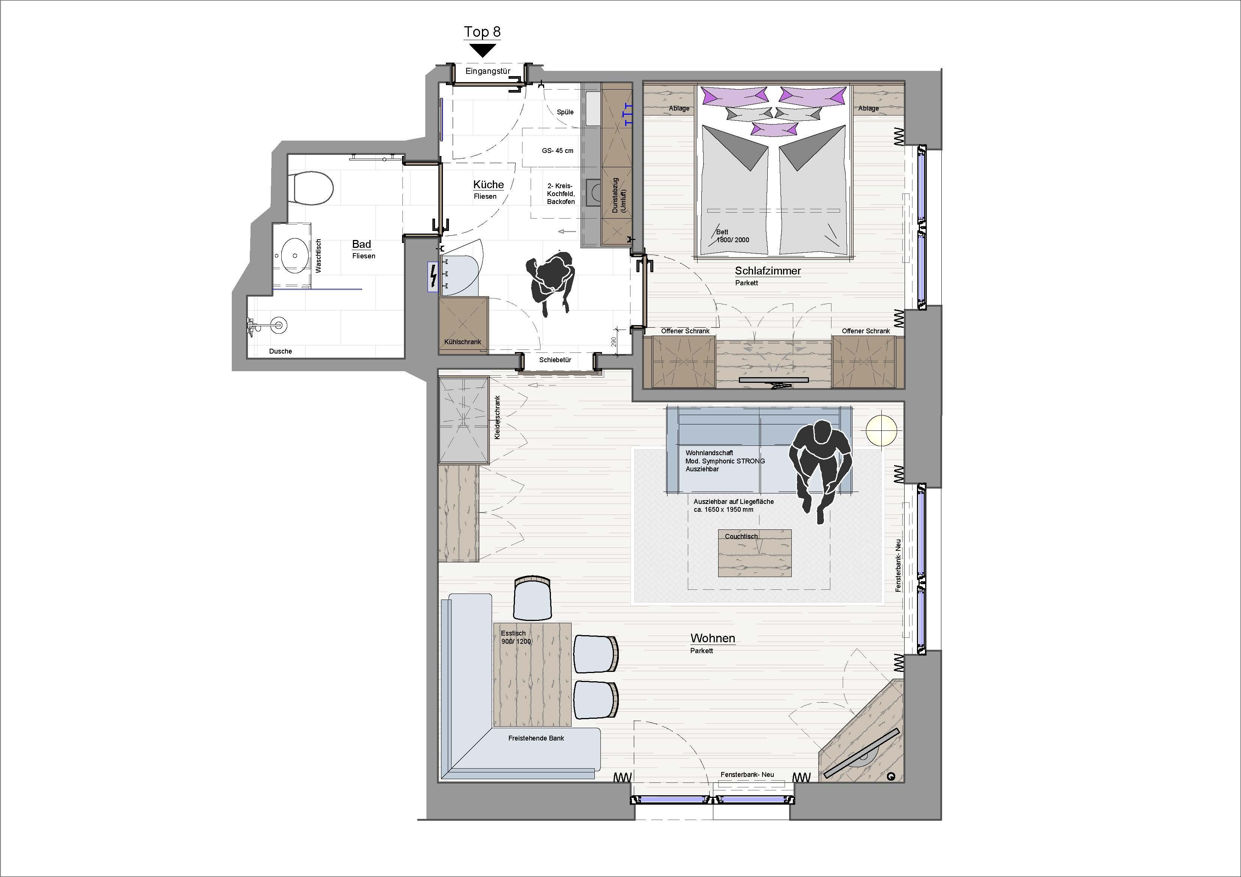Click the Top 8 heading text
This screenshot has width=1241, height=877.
tap(482, 32)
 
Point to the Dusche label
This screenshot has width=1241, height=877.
tap(281, 351)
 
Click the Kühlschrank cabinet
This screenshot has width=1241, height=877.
tap(463, 325)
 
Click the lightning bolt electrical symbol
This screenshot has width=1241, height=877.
tap(433, 277)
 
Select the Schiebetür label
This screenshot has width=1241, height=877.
tap(555, 360)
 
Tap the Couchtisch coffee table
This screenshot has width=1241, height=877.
tap(755, 553)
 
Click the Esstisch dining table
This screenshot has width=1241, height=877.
tap(533, 675)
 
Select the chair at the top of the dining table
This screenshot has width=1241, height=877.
tap(533, 598)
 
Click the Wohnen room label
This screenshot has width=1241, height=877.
tap(713, 638)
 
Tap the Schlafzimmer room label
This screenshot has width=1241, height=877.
tap(768, 271)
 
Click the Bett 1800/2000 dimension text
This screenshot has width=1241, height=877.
tap(732, 236)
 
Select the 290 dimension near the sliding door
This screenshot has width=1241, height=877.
tap(614, 342)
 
